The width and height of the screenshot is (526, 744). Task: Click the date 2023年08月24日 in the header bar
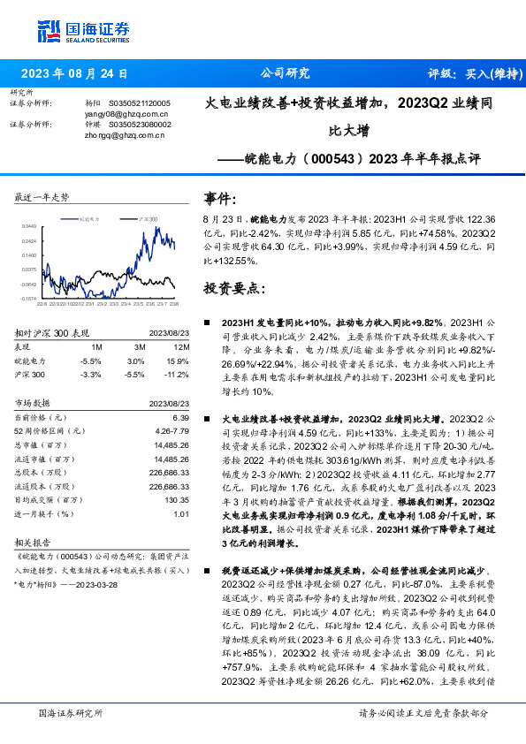point(74,74)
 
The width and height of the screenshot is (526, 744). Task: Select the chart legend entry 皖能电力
point(88,216)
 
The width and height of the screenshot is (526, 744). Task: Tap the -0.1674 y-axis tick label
point(29,299)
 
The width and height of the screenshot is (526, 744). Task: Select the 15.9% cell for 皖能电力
point(178,361)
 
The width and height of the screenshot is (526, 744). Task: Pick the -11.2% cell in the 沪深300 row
point(176,374)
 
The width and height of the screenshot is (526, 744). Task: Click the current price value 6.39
point(181,417)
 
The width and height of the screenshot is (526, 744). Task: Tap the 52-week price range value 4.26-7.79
point(172,430)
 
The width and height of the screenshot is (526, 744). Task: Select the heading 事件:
point(221,198)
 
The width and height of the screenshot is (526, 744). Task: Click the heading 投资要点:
point(234,288)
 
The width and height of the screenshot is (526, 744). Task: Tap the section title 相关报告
point(34,543)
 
